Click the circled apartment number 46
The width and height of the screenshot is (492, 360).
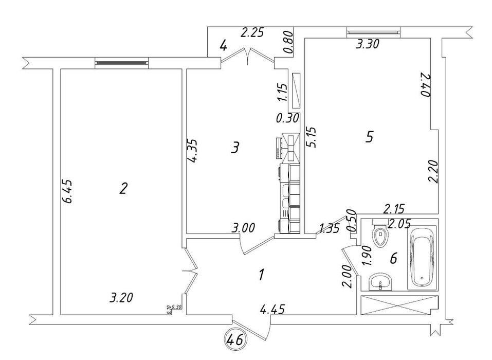[x=235, y=339]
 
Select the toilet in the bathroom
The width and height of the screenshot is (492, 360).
[x=381, y=236]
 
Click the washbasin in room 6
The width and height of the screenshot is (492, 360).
[x=380, y=281]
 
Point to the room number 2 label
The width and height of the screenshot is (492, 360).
[x=123, y=189]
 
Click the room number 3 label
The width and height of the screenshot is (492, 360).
[x=235, y=148]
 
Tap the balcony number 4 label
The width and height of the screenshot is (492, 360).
[x=223, y=46]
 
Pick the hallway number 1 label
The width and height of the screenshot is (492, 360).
[x=261, y=275]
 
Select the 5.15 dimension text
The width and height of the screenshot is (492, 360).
[x=311, y=137]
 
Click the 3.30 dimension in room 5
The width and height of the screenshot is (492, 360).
[x=368, y=45]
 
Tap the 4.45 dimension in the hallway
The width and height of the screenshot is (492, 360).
[x=273, y=309]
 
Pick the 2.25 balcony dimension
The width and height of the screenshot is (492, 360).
[x=252, y=33]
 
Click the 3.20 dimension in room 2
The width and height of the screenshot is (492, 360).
[x=121, y=297]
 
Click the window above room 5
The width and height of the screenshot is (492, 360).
[x=373, y=32]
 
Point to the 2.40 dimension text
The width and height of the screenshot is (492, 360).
[x=425, y=85]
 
